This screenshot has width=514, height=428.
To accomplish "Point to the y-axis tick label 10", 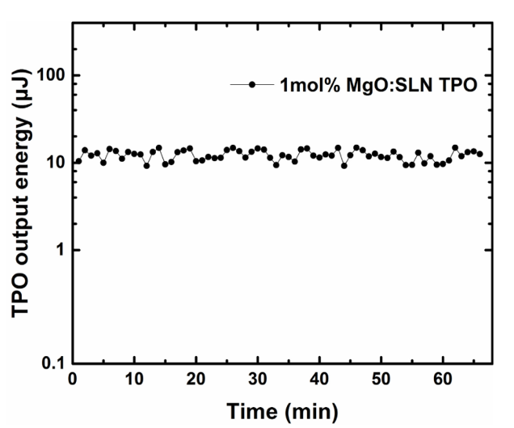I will click(54, 162).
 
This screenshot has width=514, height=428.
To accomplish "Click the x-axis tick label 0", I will click(73, 378).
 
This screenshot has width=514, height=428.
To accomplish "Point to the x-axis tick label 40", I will click(318, 378).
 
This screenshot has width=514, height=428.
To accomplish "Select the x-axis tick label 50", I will click(381, 378).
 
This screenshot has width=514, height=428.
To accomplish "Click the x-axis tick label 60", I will click(442, 378).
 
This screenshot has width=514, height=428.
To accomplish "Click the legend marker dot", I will click(253, 85).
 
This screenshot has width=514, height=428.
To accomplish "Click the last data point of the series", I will click(480, 154).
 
